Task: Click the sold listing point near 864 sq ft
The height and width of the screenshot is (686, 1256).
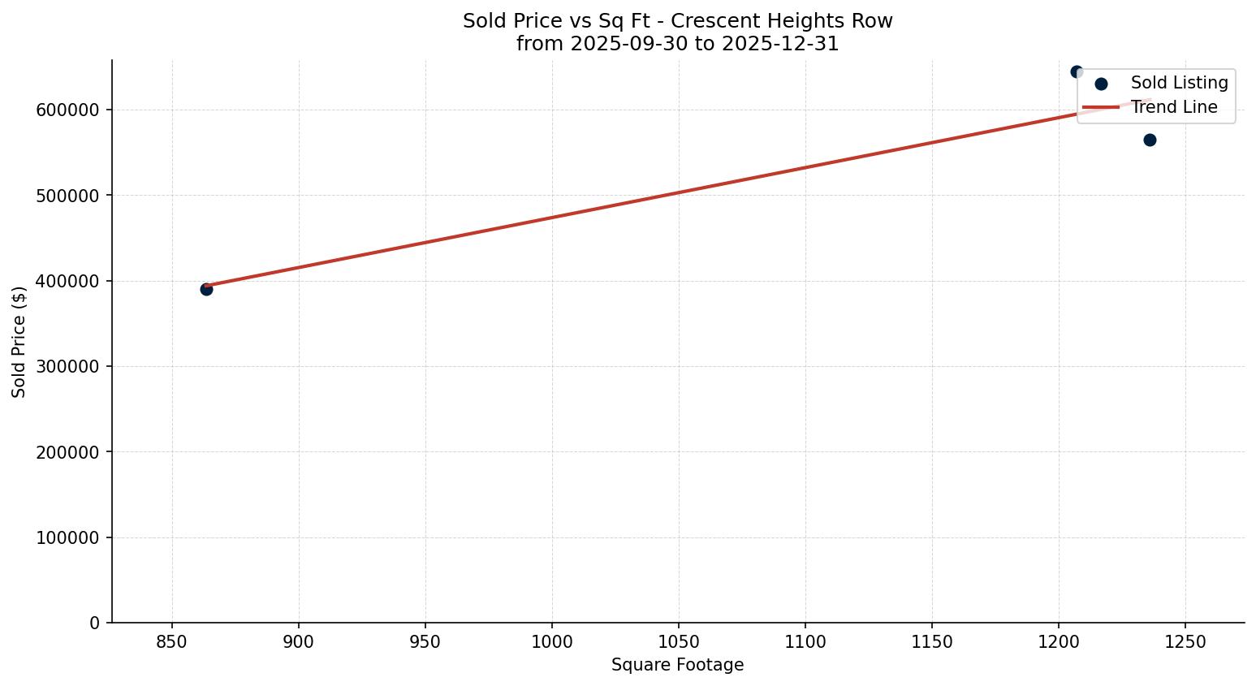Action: tap(206, 289)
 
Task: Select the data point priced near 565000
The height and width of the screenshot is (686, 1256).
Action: tap(1150, 140)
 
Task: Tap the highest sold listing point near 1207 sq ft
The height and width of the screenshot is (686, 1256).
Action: tap(1077, 71)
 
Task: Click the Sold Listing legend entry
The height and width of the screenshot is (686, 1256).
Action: tap(1179, 83)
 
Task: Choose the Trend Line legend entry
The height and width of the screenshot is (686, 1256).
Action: tap(1173, 107)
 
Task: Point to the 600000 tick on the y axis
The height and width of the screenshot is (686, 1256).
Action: tap(68, 110)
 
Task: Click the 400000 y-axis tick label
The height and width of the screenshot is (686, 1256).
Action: tap(68, 281)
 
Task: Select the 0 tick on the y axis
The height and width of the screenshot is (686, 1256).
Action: tap(95, 623)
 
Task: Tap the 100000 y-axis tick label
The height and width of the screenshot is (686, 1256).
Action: tap(68, 537)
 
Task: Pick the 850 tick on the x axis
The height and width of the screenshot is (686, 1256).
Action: tap(172, 642)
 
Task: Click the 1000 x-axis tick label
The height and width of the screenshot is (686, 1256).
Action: tap(552, 642)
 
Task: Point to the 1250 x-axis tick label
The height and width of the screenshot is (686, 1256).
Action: tap(1185, 642)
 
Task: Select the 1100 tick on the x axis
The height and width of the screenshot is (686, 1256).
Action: tap(805, 642)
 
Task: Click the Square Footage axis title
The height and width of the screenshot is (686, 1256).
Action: tap(677, 665)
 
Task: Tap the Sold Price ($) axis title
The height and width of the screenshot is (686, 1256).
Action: tap(19, 342)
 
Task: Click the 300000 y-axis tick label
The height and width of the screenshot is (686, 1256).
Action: tap(68, 366)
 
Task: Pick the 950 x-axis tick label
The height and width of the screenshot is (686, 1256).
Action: tap(425, 642)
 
